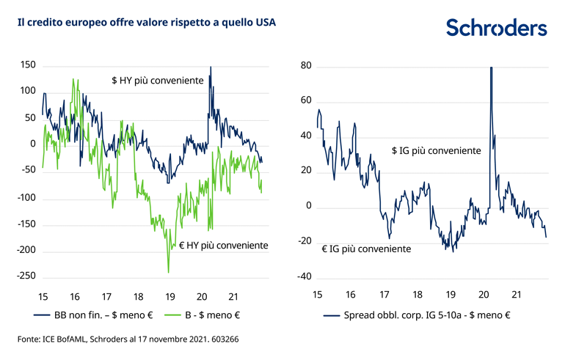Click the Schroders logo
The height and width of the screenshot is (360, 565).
(x=497, y=28)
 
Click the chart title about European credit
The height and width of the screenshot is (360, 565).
(x=147, y=22)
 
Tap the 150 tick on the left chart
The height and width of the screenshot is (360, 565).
(x=28, y=65)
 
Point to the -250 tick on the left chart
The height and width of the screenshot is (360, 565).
(x=26, y=276)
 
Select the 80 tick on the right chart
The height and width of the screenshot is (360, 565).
(x=306, y=65)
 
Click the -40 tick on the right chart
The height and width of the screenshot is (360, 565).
(x=304, y=276)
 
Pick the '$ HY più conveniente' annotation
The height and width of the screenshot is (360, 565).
(x=157, y=80)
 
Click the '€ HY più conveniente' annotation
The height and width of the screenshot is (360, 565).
(x=224, y=245)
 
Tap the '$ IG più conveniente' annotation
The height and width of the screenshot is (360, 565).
(x=436, y=150)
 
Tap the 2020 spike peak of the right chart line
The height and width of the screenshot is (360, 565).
(x=490, y=68)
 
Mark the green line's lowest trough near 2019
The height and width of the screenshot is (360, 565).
(x=169, y=273)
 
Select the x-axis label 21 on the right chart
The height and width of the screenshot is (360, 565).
(x=516, y=295)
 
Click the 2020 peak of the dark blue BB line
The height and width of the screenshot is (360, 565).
(x=211, y=67)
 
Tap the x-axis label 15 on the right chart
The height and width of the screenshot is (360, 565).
(x=317, y=295)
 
